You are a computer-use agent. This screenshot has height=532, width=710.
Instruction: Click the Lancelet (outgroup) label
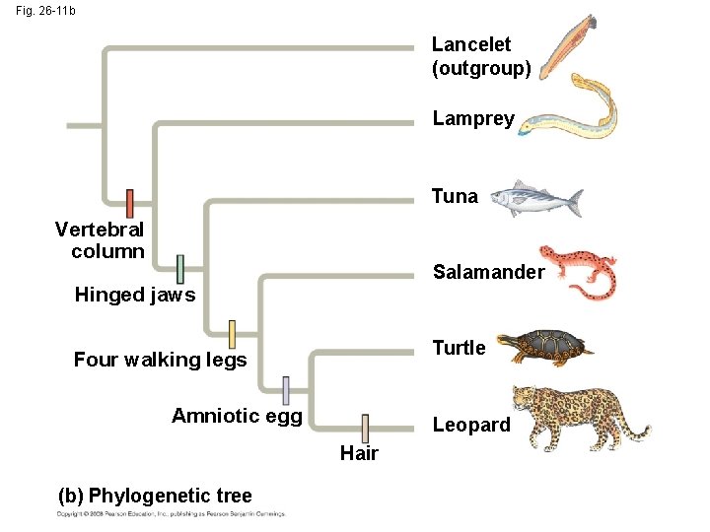(x=481, y=57)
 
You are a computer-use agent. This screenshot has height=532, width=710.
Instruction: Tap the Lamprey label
(x=473, y=119)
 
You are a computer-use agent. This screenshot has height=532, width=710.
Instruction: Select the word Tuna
(x=455, y=196)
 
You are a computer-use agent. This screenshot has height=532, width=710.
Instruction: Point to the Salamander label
(x=488, y=272)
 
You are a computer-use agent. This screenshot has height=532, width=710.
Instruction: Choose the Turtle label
(x=459, y=348)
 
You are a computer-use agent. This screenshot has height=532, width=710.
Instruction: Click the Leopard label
(x=471, y=425)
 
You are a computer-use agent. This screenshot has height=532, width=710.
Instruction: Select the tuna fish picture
(x=536, y=197)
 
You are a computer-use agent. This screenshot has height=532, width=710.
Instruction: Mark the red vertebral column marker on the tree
(x=129, y=203)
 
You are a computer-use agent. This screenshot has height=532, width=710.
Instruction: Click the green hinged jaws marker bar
(x=179, y=268)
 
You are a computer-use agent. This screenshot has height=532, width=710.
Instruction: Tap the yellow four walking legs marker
(x=233, y=334)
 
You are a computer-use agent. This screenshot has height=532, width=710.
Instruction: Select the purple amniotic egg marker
(x=286, y=390)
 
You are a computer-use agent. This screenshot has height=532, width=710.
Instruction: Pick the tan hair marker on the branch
(x=365, y=429)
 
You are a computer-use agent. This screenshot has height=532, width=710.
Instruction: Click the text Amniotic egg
(x=237, y=415)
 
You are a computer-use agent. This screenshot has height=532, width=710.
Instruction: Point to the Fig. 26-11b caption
(x=44, y=11)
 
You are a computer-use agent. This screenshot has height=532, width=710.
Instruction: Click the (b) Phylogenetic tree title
(x=157, y=496)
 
